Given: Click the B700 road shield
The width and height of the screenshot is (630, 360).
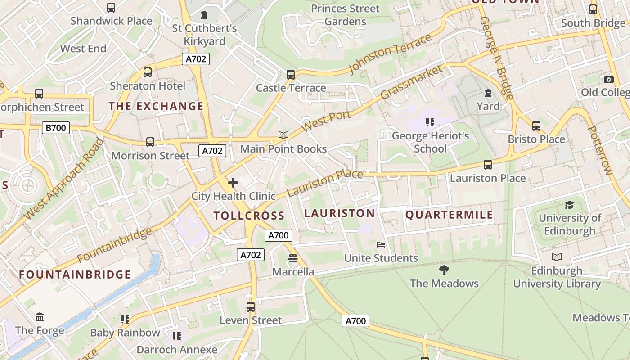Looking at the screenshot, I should click(56, 128).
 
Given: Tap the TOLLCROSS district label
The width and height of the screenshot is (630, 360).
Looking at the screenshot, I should click(249, 216).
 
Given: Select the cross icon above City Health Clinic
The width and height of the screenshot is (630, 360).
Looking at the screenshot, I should click(233, 183).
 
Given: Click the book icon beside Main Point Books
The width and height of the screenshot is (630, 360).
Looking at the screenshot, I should click(283, 135).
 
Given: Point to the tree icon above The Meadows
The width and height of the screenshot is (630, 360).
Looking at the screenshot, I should click(444, 270).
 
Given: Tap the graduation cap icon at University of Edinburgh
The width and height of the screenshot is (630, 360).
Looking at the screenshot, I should click(569, 205).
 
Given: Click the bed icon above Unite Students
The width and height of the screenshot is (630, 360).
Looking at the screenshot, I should click(381, 245).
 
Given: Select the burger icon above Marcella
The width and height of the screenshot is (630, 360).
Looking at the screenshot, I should click(293, 258).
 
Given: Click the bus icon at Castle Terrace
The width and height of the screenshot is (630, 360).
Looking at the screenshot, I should click(291, 74).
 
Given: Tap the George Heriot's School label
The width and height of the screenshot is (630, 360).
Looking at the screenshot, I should click(431, 142).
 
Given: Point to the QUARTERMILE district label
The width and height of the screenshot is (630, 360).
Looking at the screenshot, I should click(449, 215).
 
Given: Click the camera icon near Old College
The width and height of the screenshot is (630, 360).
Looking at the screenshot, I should click(608, 79).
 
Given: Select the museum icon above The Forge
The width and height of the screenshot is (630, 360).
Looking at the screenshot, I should click(40, 317).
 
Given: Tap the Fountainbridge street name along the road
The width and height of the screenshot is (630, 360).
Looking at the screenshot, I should click(115, 245).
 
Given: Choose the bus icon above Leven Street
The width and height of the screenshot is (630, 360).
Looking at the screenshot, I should click(251, 307).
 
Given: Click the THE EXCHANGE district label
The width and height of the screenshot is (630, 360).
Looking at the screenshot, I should click(156, 106).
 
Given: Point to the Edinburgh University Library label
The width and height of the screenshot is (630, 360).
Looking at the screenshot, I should click(557, 277).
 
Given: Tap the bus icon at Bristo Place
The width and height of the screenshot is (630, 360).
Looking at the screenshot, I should click(536, 126).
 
